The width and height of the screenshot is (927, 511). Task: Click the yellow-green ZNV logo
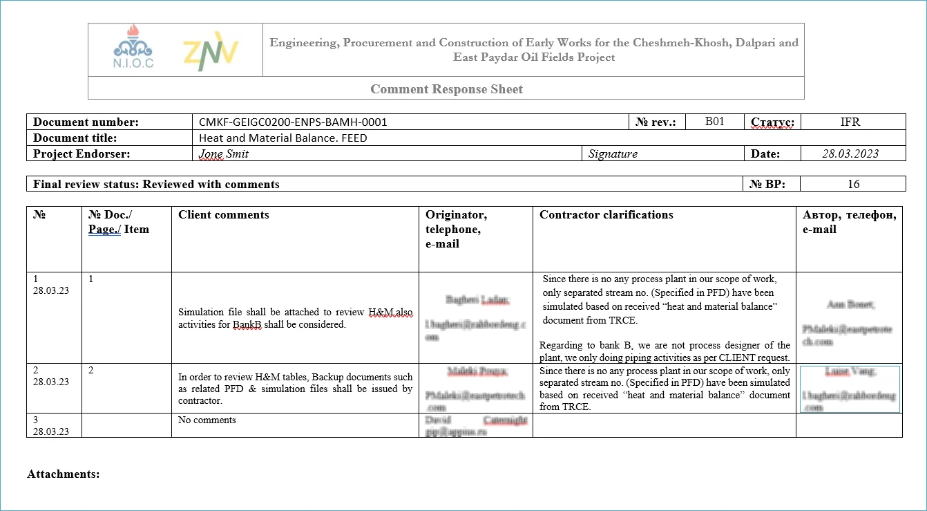pos(211,51)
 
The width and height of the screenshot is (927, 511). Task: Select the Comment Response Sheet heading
pos(446,89)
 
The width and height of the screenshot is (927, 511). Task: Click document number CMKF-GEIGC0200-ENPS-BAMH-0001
pos(293,122)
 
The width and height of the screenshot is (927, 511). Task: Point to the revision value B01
pos(714,122)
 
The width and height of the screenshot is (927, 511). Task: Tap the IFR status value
pos(850,122)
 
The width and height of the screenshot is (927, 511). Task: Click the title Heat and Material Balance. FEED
pos(283,138)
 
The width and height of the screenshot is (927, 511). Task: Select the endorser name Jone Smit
pos(224,154)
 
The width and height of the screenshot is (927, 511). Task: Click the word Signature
pos(613,154)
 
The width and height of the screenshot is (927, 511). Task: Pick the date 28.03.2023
pos(850,154)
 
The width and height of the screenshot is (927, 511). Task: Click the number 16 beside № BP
pos(853,184)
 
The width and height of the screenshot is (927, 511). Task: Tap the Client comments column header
pos(224,214)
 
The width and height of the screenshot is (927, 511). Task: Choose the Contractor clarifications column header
pos(606,214)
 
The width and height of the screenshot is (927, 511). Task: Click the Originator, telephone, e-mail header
pos(457,229)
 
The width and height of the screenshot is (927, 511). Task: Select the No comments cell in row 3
pos(207,420)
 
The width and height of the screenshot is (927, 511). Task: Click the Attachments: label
pos(64,474)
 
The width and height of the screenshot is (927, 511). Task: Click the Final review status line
pos(156,184)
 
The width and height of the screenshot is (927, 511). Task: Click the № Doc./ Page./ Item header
pos(119,221)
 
